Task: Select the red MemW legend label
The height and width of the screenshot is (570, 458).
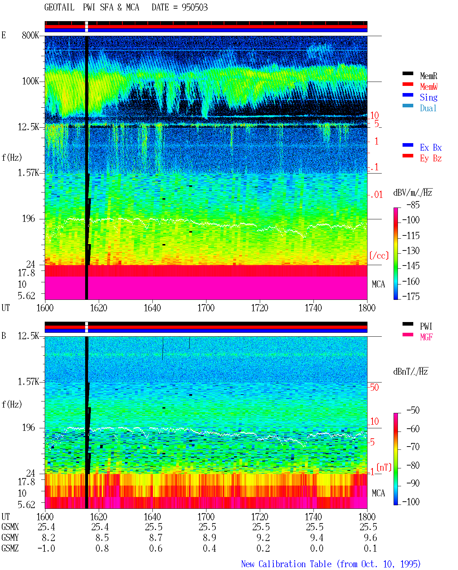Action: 428,86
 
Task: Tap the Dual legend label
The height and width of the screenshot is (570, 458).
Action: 428,108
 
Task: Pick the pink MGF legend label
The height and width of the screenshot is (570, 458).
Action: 426,337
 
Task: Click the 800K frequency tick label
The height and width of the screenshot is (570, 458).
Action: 30,35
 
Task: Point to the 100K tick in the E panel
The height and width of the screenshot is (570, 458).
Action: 30,81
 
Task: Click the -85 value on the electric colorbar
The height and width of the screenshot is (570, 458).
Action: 413,205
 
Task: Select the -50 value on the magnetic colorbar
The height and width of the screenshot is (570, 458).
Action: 413,410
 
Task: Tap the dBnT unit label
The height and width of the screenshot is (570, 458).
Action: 410,371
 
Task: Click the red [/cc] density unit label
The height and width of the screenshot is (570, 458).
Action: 379,255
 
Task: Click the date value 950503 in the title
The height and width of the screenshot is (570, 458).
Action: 195,8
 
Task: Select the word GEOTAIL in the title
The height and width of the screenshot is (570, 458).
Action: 59,8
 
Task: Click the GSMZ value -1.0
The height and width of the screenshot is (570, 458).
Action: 46,548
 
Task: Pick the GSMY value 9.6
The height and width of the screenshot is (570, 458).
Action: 370,537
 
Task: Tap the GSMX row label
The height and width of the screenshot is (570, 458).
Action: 10,527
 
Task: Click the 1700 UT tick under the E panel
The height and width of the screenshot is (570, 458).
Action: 206,308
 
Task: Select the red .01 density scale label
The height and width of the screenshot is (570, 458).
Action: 376,195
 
